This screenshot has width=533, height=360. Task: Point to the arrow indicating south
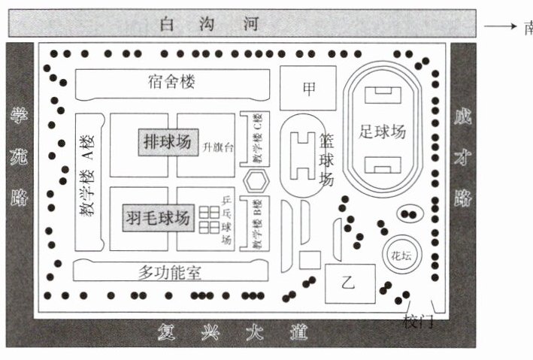tap(498, 26)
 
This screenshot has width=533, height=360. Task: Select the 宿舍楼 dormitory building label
tap(171, 83)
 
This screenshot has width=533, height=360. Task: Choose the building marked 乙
tap(348, 283)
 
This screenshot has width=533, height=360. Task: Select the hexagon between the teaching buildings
tap(256, 181)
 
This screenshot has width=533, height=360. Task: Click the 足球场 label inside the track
tap(382, 132)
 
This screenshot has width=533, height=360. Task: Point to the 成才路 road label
tap(462, 157)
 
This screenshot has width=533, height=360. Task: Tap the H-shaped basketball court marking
tap(304, 154)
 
